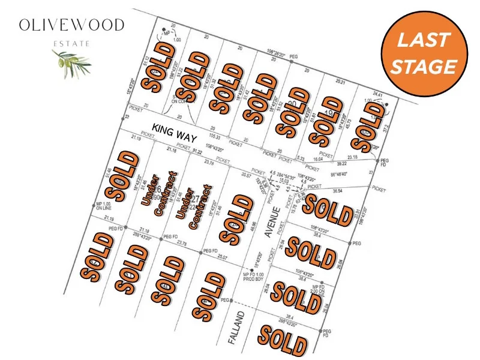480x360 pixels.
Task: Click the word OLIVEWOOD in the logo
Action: pos(71,25)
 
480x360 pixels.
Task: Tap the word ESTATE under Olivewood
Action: pos(71,44)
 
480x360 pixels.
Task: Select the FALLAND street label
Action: pos(238,328)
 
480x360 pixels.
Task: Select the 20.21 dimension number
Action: pos(340,81)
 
